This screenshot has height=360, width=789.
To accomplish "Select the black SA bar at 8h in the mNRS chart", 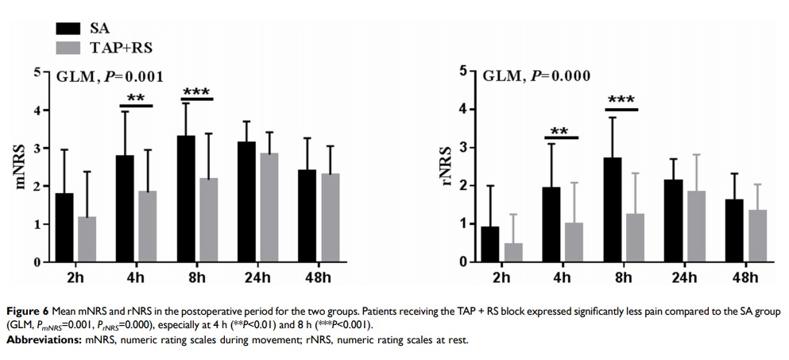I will click(186, 199).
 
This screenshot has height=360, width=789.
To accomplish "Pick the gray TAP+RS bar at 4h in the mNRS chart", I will click(148, 226).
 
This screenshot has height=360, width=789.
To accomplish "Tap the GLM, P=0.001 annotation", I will click(110, 77).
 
